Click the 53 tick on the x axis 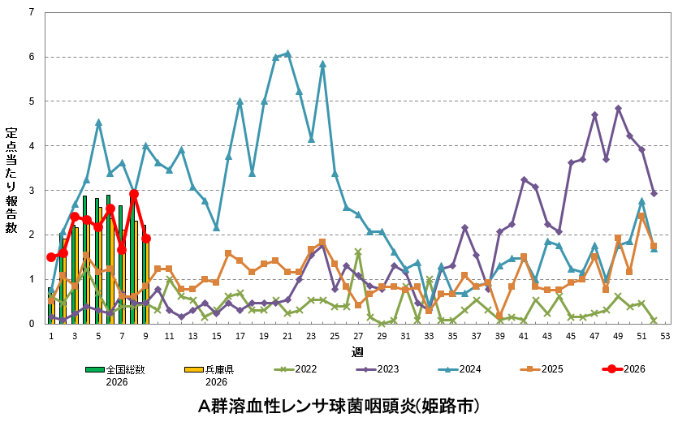(x=665, y=335)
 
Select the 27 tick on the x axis (x=358, y=335)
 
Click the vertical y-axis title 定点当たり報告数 (x=11, y=180)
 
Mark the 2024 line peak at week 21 (x=287, y=54)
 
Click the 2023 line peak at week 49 (x=618, y=108)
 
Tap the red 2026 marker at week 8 (x=134, y=194)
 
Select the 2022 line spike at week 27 (x=358, y=252)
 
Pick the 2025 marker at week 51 (x=641, y=216)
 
